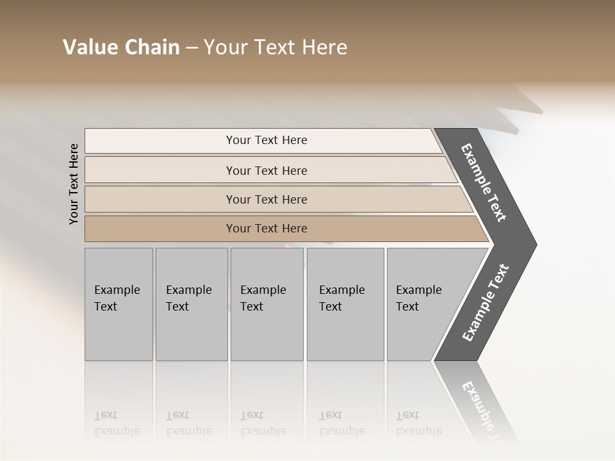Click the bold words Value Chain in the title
[x=121, y=47]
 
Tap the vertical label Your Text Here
[x=74, y=184]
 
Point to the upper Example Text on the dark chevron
[x=484, y=182]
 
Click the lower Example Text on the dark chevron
[x=486, y=302]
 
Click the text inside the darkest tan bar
[x=266, y=229]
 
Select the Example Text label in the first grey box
[x=117, y=298]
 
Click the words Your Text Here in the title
[x=275, y=47]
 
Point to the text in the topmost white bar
[x=266, y=140]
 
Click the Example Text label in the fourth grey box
[x=341, y=298]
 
